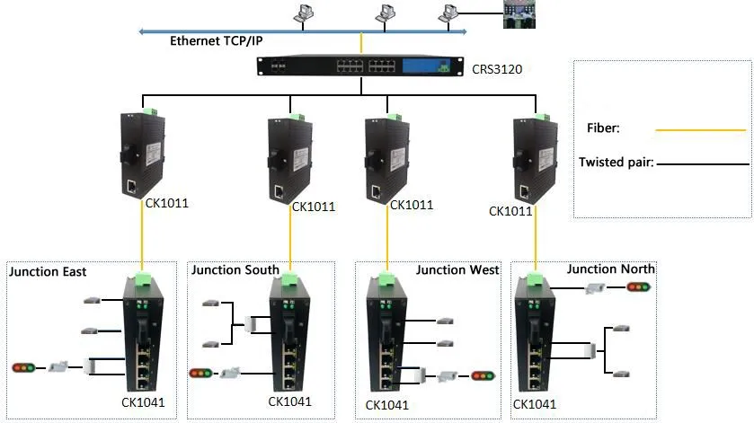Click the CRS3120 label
[x=496, y=67]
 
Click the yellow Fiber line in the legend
[x=701, y=130]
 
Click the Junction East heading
[x=47, y=271]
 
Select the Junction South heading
[x=235, y=269]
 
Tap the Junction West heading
[x=457, y=269]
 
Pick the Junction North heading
[x=611, y=269]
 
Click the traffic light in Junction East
[x=23, y=366]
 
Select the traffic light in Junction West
[x=483, y=375]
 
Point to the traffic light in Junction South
[x=200, y=372]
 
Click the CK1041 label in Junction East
[x=143, y=402]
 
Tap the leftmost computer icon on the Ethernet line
[x=304, y=13]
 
